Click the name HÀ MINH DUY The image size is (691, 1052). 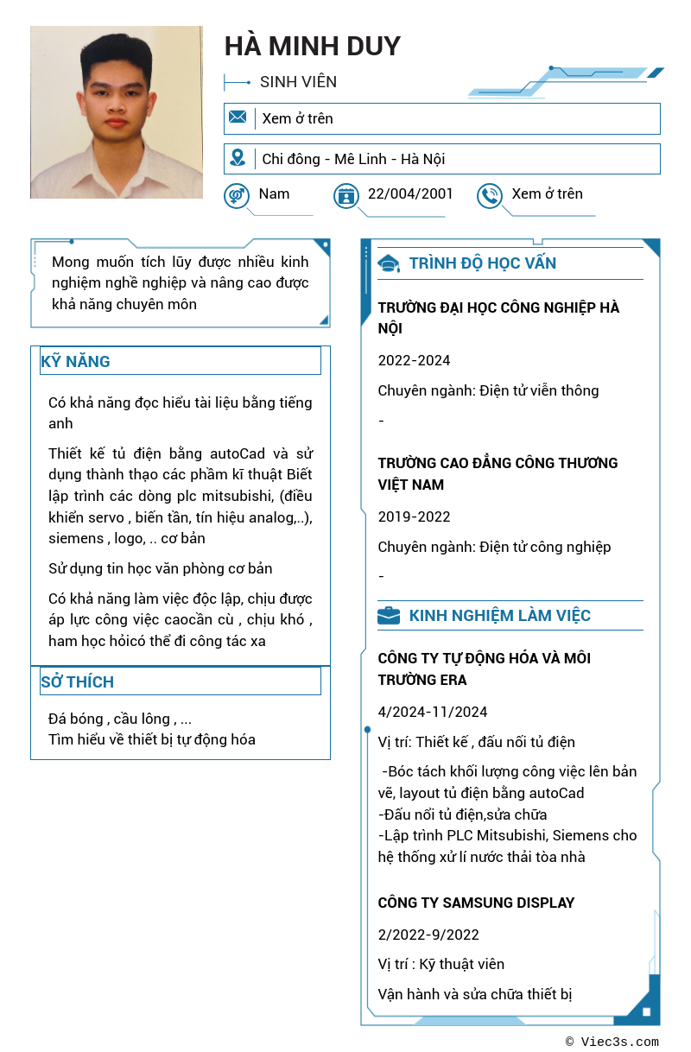pyautogui.click(x=313, y=46)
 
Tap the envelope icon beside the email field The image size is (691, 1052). pyautogui.click(x=238, y=117)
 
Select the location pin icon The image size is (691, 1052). pyautogui.click(x=238, y=158)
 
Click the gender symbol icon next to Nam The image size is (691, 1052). pyautogui.click(x=236, y=195)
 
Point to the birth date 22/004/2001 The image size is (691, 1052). pyautogui.click(x=410, y=193)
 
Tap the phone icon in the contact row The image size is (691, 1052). pyautogui.click(x=490, y=195)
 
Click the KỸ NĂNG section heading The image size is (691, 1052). pyautogui.click(x=75, y=361)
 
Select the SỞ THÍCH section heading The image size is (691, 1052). pyautogui.click(x=77, y=681)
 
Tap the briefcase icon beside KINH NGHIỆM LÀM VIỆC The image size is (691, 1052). pyautogui.click(x=389, y=616)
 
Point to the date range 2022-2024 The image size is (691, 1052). pyautogui.click(x=414, y=360)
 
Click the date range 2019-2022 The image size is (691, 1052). pyautogui.click(x=414, y=516)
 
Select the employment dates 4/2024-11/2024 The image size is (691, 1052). pyautogui.click(x=433, y=712)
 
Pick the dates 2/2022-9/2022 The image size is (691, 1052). pyautogui.click(x=428, y=935)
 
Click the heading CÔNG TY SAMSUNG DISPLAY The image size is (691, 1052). pyautogui.click(x=476, y=903)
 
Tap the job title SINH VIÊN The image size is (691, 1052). pyautogui.click(x=298, y=82)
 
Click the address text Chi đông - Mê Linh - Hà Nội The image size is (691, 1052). pyautogui.click(x=353, y=159)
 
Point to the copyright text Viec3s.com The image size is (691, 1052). pyautogui.click(x=618, y=1042)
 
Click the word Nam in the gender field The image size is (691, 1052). pyautogui.click(x=274, y=193)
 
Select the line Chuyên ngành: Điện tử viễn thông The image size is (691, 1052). pyautogui.click(x=488, y=390)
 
